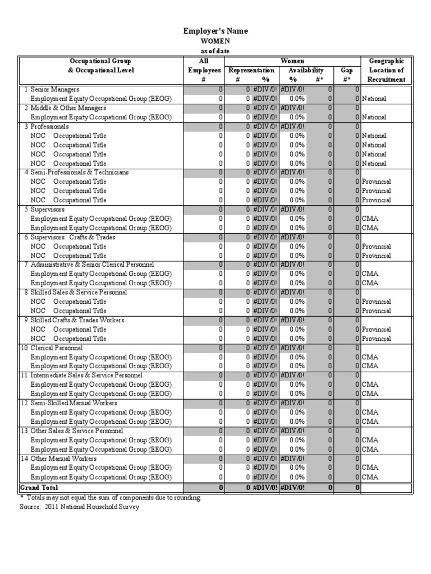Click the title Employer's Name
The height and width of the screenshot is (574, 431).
point(215,31)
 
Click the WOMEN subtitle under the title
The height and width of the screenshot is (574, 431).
point(215,41)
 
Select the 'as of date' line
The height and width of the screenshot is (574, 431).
point(215,51)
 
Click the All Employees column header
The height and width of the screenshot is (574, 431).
point(204,70)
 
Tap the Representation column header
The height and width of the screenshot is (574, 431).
point(251,71)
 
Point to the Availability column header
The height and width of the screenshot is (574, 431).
point(306,71)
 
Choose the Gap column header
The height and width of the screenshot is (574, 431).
point(346,71)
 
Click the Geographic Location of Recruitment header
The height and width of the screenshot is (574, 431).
point(386,70)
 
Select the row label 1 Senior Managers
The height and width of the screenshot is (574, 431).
point(51,90)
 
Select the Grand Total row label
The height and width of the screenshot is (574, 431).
point(39,488)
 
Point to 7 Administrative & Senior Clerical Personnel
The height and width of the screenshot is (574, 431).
point(89,265)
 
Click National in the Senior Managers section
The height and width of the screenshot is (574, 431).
point(374,99)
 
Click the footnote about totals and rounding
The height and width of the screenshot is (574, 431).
point(110,498)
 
